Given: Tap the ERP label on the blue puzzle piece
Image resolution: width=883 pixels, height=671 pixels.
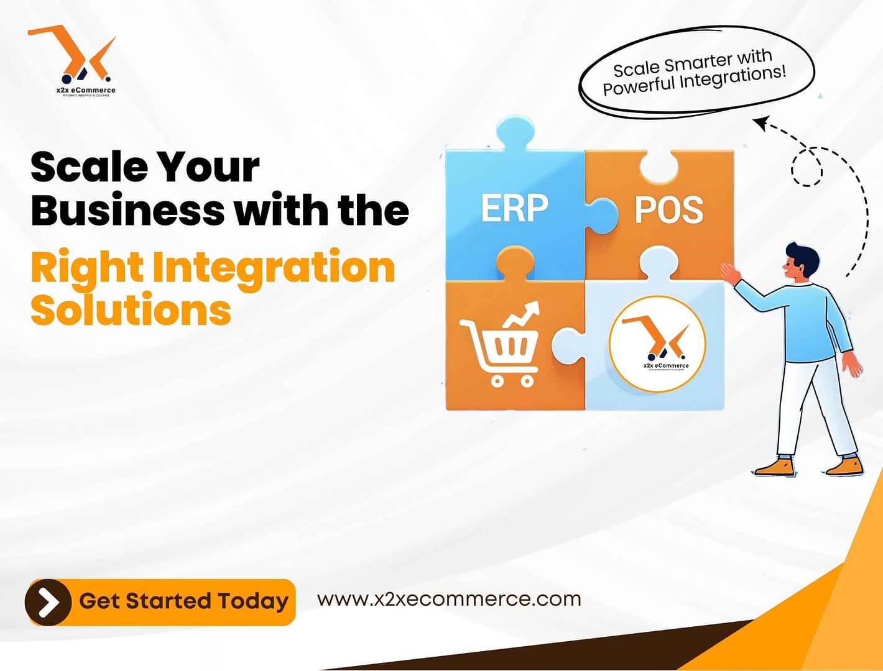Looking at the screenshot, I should click(x=514, y=209).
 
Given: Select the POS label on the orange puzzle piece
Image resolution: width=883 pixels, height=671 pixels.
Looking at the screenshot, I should click(x=668, y=210).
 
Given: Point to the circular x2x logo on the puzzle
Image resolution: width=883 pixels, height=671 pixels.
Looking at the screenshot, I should click(x=657, y=344).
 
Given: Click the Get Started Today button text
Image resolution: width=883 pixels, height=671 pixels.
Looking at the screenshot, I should click(x=183, y=601).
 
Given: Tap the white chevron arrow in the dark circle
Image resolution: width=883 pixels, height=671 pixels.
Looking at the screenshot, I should click(x=49, y=602).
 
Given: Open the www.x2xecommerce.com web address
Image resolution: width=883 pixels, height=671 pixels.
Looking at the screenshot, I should click(x=449, y=599).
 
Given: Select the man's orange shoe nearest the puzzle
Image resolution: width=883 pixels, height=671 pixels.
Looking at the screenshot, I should click(x=775, y=466).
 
